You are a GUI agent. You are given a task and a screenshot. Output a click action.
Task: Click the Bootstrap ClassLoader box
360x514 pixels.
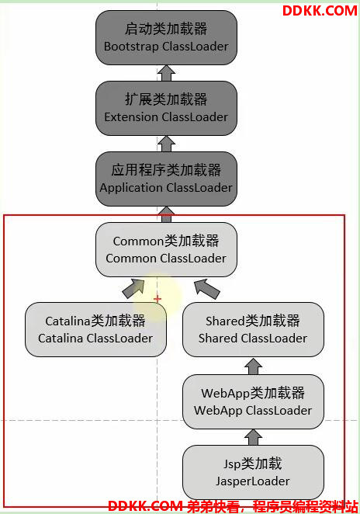click(166, 37)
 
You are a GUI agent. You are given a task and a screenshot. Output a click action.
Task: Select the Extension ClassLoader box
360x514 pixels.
click(166, 108)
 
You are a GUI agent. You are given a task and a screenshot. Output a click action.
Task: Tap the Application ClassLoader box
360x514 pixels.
click(166, 179)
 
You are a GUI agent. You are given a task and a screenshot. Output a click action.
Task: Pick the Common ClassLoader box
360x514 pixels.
click(166, 250)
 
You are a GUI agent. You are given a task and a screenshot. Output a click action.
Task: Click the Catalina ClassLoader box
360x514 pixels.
click(95, 329)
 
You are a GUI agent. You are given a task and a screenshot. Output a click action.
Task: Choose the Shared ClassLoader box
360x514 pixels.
click(253, 329)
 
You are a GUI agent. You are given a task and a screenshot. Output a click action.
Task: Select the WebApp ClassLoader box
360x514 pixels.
click(253, 401)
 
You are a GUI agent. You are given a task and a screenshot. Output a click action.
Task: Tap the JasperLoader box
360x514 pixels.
click(253, 472)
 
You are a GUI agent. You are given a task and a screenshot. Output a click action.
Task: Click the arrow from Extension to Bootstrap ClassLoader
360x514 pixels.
click(166, 73)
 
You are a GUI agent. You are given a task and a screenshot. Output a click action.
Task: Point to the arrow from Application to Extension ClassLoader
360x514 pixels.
click(166, 144)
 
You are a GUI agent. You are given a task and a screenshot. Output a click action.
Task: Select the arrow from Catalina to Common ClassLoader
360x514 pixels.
click(133, 289)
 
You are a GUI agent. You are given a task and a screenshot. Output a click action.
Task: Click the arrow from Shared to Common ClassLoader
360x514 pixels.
click(206, 289)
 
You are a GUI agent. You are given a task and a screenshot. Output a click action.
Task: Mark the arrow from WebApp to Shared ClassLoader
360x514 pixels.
click(253, 366)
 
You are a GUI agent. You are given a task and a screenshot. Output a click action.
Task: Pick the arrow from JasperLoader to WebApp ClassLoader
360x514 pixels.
click(253, 437)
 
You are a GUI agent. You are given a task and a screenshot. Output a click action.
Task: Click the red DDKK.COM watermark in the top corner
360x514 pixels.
click(320, 11)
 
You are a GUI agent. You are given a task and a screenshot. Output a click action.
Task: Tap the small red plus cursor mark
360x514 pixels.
click(157, 299)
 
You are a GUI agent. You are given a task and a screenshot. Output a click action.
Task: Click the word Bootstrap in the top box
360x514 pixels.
click(131, 47)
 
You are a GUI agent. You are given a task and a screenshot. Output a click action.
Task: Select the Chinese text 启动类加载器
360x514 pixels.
click(166, 29)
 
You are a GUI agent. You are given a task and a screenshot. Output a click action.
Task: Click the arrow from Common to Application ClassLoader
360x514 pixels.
click(166, 214)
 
